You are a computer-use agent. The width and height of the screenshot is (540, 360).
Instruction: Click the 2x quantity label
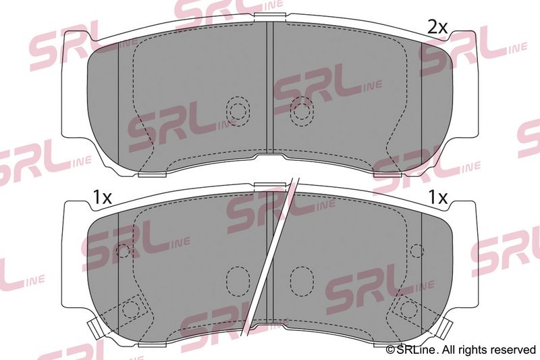(x=437, y=27)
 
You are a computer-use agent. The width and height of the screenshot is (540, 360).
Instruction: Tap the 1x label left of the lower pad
(x=103, y=198)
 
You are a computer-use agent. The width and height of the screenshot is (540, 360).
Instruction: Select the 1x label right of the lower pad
(x=437, y=197)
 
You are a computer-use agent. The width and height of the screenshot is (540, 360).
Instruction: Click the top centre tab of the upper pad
(x=270, y=16)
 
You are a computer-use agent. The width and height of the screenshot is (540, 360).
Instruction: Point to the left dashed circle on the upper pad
(x=238, y=111)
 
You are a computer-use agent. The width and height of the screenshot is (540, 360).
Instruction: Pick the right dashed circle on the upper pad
(x=302, y=111)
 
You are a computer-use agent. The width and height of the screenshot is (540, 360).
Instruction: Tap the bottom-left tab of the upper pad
(x=153, y=174)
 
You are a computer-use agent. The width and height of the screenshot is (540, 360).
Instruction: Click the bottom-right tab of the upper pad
(x=387, y=174)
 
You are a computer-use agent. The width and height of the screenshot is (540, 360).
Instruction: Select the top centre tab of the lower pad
(x=270, y=186)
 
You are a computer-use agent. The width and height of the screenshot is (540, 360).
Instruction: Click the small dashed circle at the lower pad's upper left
(x=123, y=251)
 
